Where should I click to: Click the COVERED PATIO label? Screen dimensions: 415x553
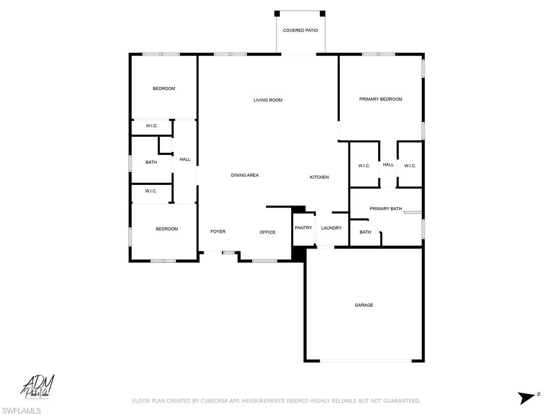pos(300,30)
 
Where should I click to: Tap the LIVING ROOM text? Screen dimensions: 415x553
pos(268,100)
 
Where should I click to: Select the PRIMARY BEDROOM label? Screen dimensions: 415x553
pos(381,99)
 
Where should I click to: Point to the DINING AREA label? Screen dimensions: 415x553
pos(245,175)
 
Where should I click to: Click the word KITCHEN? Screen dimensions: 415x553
pos(319,177)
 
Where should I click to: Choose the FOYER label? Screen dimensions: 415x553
pos(218,232)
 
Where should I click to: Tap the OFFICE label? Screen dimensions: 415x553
pos(267,232)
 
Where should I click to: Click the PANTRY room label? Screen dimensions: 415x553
pos(303,228)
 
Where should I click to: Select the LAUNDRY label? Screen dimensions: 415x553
pos(331,228)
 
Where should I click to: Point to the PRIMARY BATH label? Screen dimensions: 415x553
pos(386,209)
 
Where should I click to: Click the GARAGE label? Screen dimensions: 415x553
pos(363,305)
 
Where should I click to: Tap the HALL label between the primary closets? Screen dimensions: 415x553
pos(388,165)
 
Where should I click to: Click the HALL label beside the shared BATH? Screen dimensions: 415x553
pos(185,159)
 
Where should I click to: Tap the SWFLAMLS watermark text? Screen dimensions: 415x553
pos(21,411)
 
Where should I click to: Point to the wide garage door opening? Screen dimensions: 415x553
pos(363,361)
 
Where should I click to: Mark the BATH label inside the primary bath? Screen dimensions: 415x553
pos(365,232)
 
